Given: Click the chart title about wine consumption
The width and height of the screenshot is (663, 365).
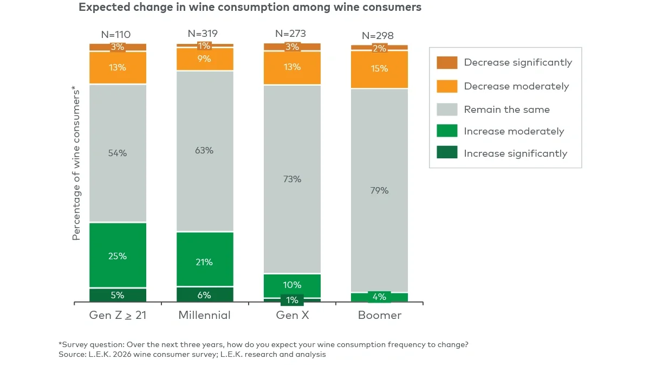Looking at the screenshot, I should click(x=250, y=8).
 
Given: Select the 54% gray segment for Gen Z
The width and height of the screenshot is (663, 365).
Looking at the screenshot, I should click(x=118, y=153).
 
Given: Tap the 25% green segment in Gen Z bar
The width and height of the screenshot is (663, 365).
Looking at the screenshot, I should click(x=118, y=255).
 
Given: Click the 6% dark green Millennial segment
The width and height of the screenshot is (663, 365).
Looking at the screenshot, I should click(x=205, y=295).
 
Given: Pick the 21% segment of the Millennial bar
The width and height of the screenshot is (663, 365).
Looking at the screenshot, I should click(x=205, y=261).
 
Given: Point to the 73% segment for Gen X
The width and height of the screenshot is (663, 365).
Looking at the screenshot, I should click(x=292, y=179).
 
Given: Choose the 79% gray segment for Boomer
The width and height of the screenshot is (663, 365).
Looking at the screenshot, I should click(x=379, y=190).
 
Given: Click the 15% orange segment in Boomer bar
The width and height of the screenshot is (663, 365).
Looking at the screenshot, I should click(x=379, y=69).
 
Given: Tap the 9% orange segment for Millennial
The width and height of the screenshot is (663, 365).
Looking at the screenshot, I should click(x=205, y=59).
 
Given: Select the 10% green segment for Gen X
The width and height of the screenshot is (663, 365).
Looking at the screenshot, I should click(x=292, y=285).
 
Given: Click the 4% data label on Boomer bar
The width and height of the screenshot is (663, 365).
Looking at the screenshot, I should click(x=379, y=297).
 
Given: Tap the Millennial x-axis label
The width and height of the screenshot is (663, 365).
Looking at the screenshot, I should click(x=204, y=315).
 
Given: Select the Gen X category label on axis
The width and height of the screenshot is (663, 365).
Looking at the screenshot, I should click(x=292, y=315).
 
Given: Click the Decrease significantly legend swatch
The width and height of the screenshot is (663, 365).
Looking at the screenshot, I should click(x=447, y=62).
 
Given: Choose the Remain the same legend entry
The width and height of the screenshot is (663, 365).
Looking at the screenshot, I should click(x=506, y=110).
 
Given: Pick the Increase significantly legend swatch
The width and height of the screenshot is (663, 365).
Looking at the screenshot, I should click(x=447, y=153).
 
